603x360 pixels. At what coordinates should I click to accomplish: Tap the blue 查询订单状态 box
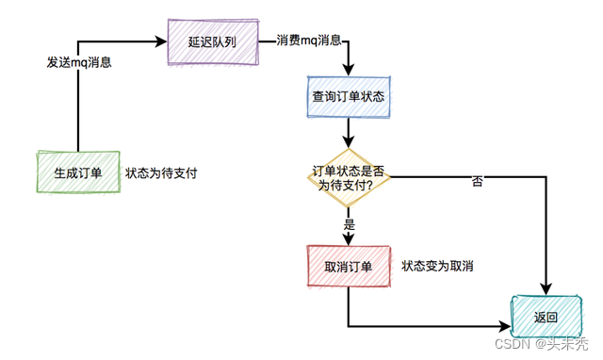click(x=348, y=97)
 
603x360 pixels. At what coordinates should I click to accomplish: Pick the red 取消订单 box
click(x=348, y=267)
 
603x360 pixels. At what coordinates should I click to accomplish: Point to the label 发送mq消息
click(x=79, y=62)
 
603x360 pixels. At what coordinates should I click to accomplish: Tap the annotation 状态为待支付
click(x=161, y=173)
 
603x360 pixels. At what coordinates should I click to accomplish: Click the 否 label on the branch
click(x=477, y=181)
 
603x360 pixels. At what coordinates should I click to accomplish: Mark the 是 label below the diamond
click(x=350, y=224)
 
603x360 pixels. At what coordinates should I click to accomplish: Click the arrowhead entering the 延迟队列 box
click(x=161, y=41)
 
